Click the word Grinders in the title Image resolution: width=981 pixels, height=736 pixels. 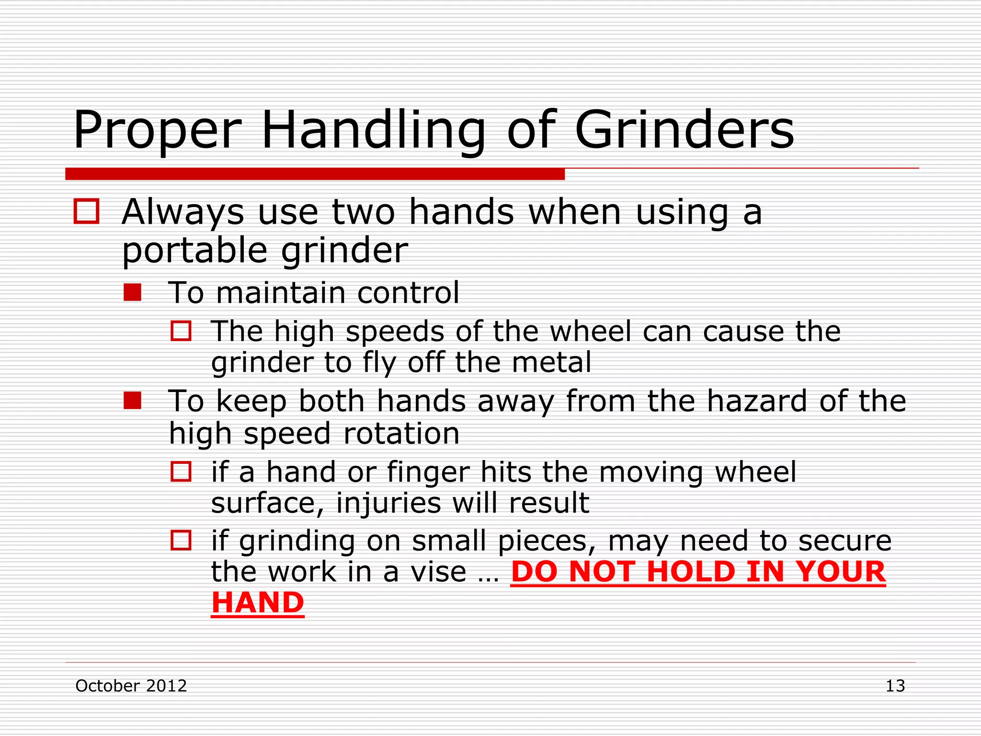[x=684, y=130]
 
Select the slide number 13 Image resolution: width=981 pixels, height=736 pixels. [x=895, y=686]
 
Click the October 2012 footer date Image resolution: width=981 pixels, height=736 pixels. [x=131, y=686]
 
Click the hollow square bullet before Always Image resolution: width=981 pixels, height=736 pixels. [x=86, y=212]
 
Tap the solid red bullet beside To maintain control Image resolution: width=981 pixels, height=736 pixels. [x=132, y=292]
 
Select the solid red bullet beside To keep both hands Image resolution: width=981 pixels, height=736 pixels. [x=132, y=401]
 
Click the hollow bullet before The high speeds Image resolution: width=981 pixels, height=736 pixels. [x=181, y=331]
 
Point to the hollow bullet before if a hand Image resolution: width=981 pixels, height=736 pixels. [x=181, y=472]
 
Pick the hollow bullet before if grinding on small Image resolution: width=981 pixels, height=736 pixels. [x=181, y=540]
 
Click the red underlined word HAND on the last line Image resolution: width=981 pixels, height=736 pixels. [x=258, y=602]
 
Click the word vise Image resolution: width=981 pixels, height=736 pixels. [x=438, y=572]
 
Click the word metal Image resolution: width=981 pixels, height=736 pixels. [x=552, y=362]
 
